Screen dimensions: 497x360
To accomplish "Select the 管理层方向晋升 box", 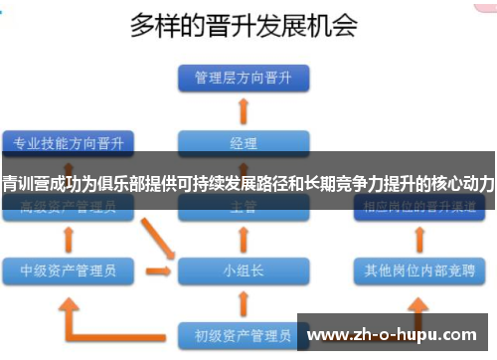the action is [x=243, y=77].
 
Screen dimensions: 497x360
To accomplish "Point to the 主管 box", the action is [x=243, y=208].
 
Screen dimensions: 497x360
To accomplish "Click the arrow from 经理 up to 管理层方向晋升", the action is [x=243, y=108].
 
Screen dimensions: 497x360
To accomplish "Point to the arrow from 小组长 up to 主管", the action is [x=243, y=238].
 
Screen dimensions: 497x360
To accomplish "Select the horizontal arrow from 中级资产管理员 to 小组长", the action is [x=157, y=269].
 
